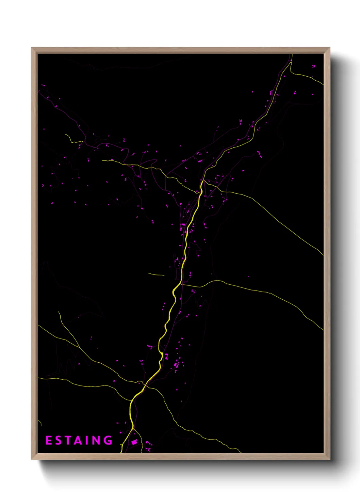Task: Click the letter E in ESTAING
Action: [x=49, y=440]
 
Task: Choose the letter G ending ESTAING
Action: [x=108, y=440]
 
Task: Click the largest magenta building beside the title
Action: [x=134, y=442]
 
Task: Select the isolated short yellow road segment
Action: [x=156, y=274]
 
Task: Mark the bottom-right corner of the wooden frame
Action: [x=329, y=459]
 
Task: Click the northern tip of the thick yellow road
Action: [x=202, y=181]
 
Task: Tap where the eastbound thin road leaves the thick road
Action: [x=182, y=285]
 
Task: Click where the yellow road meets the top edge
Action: [x=292, y=55]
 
